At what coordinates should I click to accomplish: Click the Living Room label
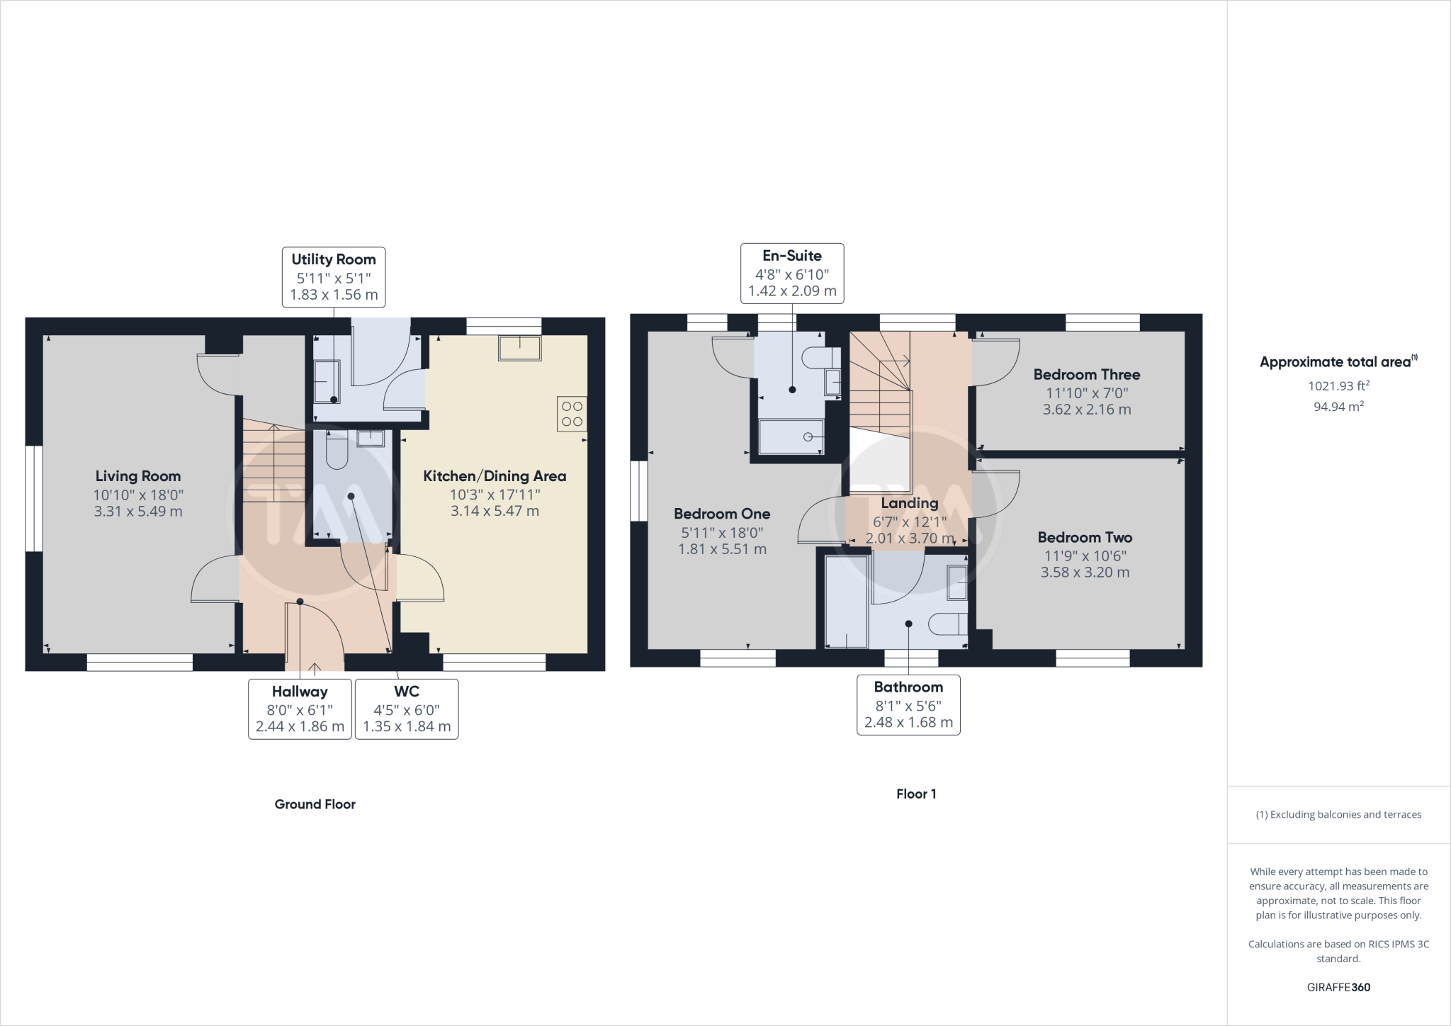[138, 476]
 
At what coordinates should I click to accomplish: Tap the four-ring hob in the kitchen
[572, 414]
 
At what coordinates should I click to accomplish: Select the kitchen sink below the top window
[519, 349]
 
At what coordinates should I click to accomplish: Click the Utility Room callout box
[334, 277]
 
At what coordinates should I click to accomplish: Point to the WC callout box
[407, 709]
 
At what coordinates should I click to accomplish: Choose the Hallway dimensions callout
[300, 709]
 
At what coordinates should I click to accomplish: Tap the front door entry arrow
[315, 667]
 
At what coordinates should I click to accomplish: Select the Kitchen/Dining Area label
[495, 476]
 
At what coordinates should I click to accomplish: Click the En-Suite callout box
[792, 274]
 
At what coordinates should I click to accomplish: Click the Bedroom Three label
[1086, 375]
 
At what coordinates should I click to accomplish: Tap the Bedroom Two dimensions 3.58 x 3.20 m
[1085, 573]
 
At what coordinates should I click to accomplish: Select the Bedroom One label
[722, 514]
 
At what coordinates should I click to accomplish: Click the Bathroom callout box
[908, 705]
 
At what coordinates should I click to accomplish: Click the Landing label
[910, 503]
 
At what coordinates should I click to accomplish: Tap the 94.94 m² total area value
[1338, 407]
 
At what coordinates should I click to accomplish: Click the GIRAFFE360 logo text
[1338, 987]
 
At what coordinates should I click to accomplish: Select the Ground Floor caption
[315, 804]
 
